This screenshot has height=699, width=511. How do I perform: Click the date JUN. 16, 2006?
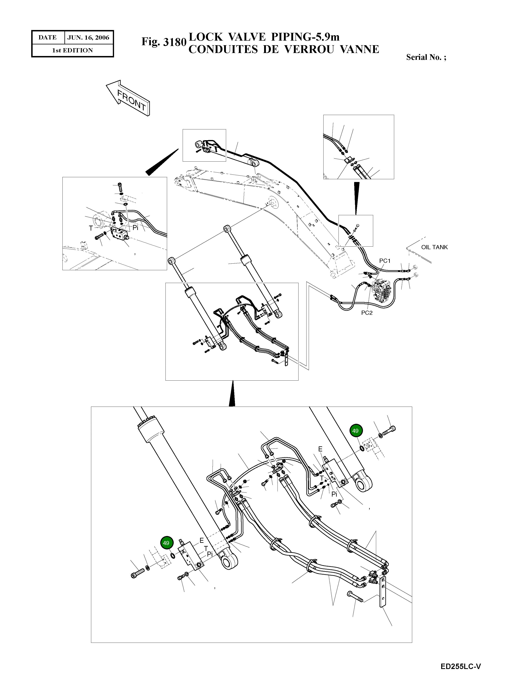click(88, 38)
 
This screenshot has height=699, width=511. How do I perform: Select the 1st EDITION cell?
click(72, 50)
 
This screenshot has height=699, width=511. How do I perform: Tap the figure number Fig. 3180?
click(164, 42)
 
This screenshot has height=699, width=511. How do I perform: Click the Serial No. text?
click(426, 57)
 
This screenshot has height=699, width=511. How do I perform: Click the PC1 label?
click(385, 261)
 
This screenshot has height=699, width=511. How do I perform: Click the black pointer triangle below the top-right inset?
click(356, 198)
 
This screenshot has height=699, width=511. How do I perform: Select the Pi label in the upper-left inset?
click(135, 228)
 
